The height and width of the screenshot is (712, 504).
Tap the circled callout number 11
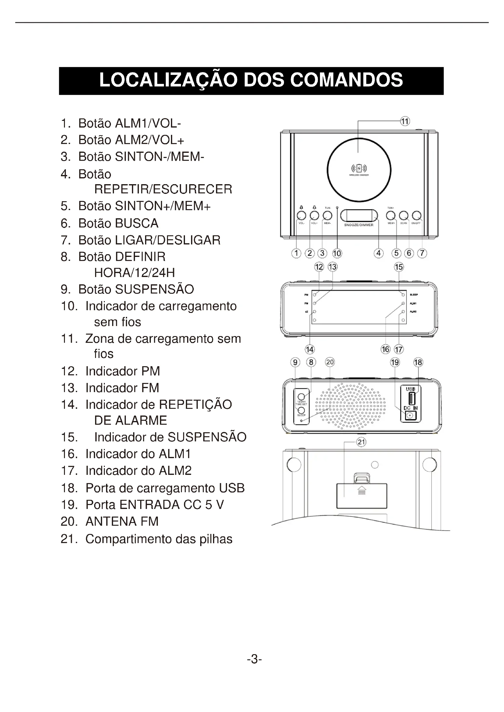405,121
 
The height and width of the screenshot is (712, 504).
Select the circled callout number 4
378,253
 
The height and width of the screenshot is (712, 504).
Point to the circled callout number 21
362,442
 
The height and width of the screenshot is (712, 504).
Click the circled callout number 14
309,349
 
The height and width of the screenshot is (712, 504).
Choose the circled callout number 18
418,362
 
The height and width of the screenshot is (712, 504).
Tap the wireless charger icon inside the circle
359,169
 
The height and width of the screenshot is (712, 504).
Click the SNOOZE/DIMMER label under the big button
359,225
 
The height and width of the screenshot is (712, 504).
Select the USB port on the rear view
411,398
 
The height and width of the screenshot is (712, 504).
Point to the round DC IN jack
410,416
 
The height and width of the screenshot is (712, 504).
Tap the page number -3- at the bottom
254,659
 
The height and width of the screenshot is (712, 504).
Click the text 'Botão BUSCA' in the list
118,223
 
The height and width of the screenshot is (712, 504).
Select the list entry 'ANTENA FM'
122,522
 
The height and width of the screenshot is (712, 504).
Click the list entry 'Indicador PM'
122,371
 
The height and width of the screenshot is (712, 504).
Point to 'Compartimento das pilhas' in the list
158,539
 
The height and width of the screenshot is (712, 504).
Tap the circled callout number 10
337,253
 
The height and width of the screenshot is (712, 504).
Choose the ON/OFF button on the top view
417,215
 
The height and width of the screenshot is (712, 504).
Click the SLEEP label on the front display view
414,295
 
